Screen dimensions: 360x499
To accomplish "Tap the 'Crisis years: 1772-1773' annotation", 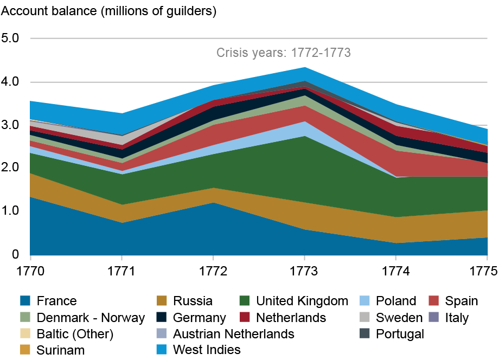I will (283, 53).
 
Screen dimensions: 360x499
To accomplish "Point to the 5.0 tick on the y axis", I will (10, 38).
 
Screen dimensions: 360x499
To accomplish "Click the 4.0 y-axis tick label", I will (10, 82).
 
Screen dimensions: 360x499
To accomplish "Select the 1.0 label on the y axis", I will (10, 211).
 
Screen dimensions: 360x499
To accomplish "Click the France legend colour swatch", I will (24, 301).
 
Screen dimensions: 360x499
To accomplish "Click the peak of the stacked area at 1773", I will (304, 67).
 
